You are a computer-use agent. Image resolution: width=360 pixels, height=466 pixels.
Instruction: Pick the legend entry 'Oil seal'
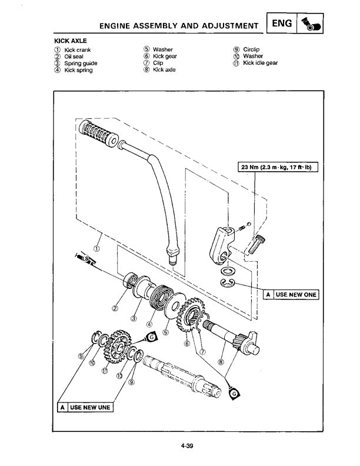[74, 56]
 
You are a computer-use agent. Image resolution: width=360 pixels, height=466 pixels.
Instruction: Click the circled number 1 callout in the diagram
[96, 247]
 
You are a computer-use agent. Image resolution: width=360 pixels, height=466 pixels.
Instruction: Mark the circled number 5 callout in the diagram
[165, 332]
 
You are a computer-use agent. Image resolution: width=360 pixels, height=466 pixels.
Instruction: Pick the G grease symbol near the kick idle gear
[151, 337]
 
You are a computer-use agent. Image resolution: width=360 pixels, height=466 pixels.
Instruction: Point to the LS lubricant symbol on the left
[85, 259]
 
